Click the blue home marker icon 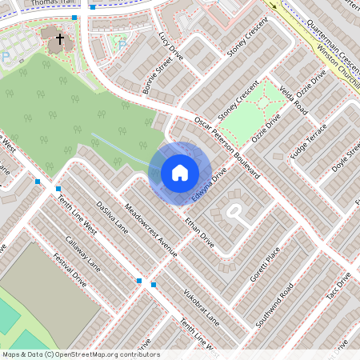click(x=180, y=173)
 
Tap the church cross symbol click(x=59, y=37)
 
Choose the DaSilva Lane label click(x=111, y=215)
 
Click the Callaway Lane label click(x=83, y=252)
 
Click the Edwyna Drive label click(x=210, y=185)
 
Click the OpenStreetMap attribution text click(x=80, y=354)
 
